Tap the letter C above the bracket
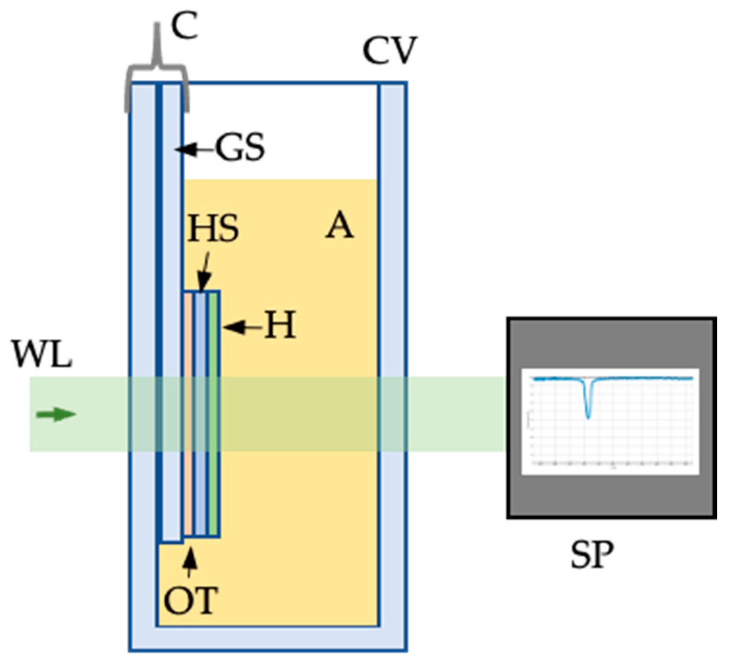point(184,26)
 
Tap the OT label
point(191,601)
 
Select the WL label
point(42,354)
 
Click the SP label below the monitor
point(592,555)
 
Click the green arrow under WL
point(56,414)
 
